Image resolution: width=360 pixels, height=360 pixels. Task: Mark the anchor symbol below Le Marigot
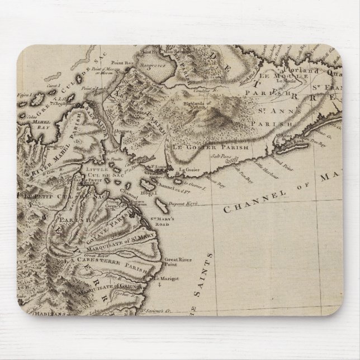(158, 286)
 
